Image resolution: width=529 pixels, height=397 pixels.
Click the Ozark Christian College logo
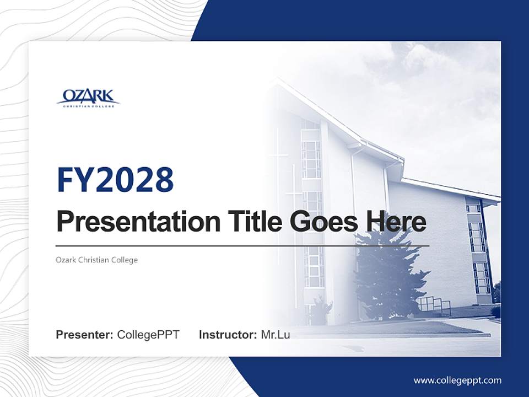(88, 98)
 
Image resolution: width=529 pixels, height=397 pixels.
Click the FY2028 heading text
(115, 179)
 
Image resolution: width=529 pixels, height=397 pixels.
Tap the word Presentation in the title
(130, 222)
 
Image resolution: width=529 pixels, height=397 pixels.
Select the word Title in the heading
(245, 222)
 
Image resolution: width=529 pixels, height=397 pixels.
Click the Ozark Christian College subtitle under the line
(97, 260)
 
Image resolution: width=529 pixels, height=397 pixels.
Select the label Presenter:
(85, 335)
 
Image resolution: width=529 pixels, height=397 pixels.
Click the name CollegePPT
(148, 335)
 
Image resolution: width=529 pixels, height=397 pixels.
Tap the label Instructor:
(228, 335)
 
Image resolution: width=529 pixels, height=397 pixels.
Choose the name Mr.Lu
(276, 335)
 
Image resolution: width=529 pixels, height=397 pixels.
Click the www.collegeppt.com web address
(457, 380)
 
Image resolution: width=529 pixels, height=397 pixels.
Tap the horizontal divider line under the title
(242, 246)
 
